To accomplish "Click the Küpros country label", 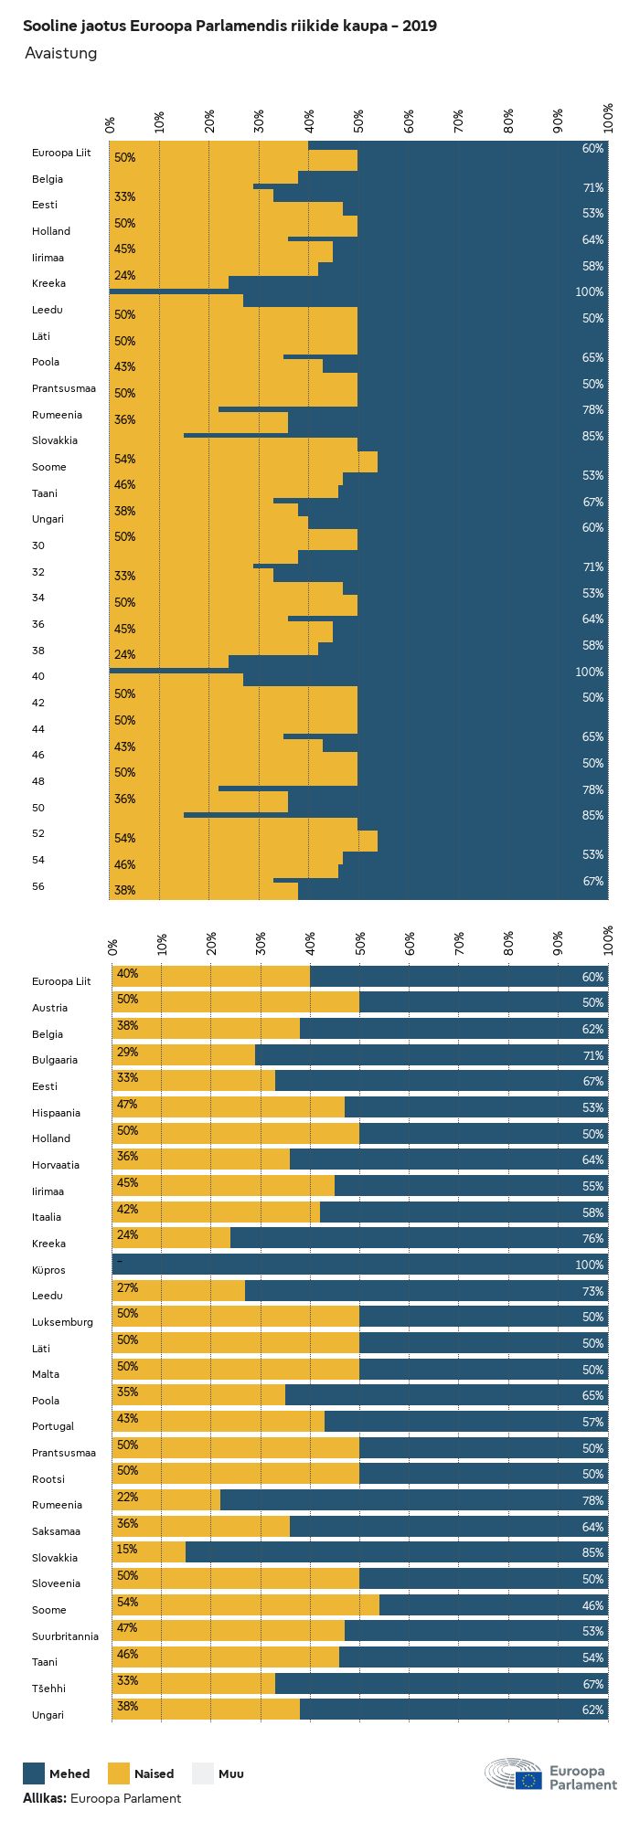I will [48, 1270].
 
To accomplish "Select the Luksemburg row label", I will [62, 1322].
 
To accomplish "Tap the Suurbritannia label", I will [65, 1636].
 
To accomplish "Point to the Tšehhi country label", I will [49, 1689].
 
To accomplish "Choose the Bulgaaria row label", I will [55, 1060].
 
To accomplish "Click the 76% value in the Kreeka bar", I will [592, 1239].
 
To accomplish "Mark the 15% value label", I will [127, 1550].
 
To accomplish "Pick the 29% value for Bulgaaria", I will [127, 1053].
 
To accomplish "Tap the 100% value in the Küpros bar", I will [590, 1265].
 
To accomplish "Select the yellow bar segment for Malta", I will [236, 1370].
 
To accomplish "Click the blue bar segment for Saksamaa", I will [448, 1527].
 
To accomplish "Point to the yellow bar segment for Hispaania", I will [229, 1107].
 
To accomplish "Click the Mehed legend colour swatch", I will [34, 1773].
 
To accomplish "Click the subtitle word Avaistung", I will [60, 53].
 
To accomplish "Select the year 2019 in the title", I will [419, 26].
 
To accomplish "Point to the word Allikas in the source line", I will [44, 1798].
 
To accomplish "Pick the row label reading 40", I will [38, 676].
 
